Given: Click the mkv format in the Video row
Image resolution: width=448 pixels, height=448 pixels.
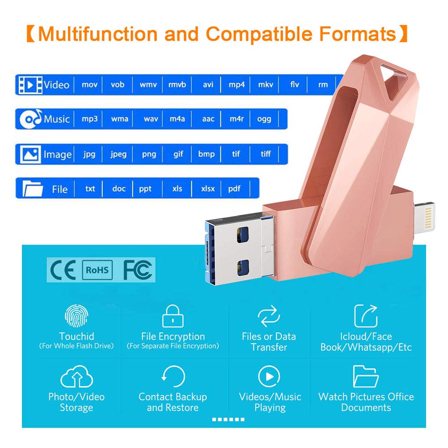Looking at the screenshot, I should (265, 85).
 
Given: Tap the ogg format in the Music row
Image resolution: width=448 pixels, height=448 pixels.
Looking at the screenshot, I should (264, 119).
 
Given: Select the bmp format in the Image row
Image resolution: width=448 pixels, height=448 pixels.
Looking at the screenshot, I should (207, 154).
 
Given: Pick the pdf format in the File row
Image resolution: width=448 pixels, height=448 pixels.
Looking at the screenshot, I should (234, 189).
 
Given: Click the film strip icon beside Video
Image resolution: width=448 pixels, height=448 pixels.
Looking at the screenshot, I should (30, 85).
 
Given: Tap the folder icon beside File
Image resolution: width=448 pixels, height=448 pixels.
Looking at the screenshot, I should (33, 189).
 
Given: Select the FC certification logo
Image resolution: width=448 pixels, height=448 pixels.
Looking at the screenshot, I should (138, 270).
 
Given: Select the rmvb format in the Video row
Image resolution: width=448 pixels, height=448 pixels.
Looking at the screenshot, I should (177, 85).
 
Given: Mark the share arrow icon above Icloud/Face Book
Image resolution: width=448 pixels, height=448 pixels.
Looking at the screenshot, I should (366, 315).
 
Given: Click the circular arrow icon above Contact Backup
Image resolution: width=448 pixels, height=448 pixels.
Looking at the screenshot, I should (173, 377).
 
